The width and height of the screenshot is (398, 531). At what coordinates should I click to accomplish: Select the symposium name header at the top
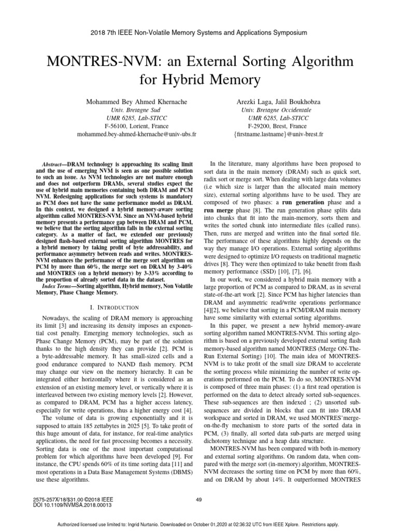[x=198, y=32]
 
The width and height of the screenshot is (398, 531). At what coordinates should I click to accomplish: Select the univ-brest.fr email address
[x=278, y=134]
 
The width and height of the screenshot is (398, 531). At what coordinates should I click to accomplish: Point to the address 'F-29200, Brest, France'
[x=278, y=126]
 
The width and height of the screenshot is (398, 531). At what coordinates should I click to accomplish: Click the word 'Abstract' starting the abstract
[x=53, y=164]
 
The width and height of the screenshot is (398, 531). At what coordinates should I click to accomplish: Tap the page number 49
[x=198, y=499]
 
